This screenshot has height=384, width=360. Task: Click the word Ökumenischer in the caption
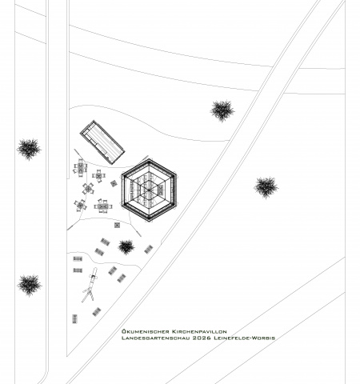point(146,331)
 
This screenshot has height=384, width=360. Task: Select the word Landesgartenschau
point(155,338)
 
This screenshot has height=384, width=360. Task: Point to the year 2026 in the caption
point(202,338)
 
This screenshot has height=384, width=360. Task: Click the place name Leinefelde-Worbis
point(244,338)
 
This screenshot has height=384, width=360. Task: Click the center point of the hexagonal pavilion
point(149,190)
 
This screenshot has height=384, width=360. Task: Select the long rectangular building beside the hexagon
point(102,142)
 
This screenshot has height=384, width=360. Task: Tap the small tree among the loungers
point(126,246)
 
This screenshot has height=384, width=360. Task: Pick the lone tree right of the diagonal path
point(266,187)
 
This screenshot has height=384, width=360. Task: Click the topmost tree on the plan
point(222,110)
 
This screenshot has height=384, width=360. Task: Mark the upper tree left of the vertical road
point(29,149)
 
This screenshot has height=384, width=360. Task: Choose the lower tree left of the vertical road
point(29,285)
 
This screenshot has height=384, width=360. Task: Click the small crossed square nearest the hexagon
point(114,183)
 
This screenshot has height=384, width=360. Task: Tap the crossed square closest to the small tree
point(117,225)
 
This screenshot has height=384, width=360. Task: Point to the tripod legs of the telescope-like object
point(88,294)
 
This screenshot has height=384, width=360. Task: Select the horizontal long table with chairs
point(103,206)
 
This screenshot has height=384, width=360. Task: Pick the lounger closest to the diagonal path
point(149,250)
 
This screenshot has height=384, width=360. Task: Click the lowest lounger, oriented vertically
point(74,318)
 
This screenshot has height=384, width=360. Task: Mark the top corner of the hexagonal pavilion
point(149,159)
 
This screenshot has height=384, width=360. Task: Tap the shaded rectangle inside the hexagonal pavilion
point(161,190)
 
